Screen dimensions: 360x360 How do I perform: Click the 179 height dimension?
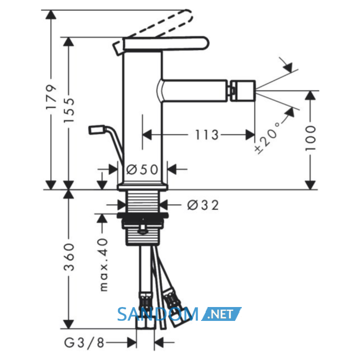[51, 97]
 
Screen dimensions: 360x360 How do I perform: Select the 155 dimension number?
[69, 110]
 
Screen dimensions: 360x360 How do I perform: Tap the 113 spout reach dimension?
[206, 135]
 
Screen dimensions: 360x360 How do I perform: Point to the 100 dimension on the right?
[311, 138]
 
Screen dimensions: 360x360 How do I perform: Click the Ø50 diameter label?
[142, 170]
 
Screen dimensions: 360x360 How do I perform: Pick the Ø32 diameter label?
[203, 205]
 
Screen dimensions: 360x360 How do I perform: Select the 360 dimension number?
[69, 257]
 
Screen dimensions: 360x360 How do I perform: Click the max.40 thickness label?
[104, 265]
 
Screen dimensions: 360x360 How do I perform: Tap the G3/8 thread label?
[84, 343]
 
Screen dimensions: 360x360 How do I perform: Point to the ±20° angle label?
[268, 137]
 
